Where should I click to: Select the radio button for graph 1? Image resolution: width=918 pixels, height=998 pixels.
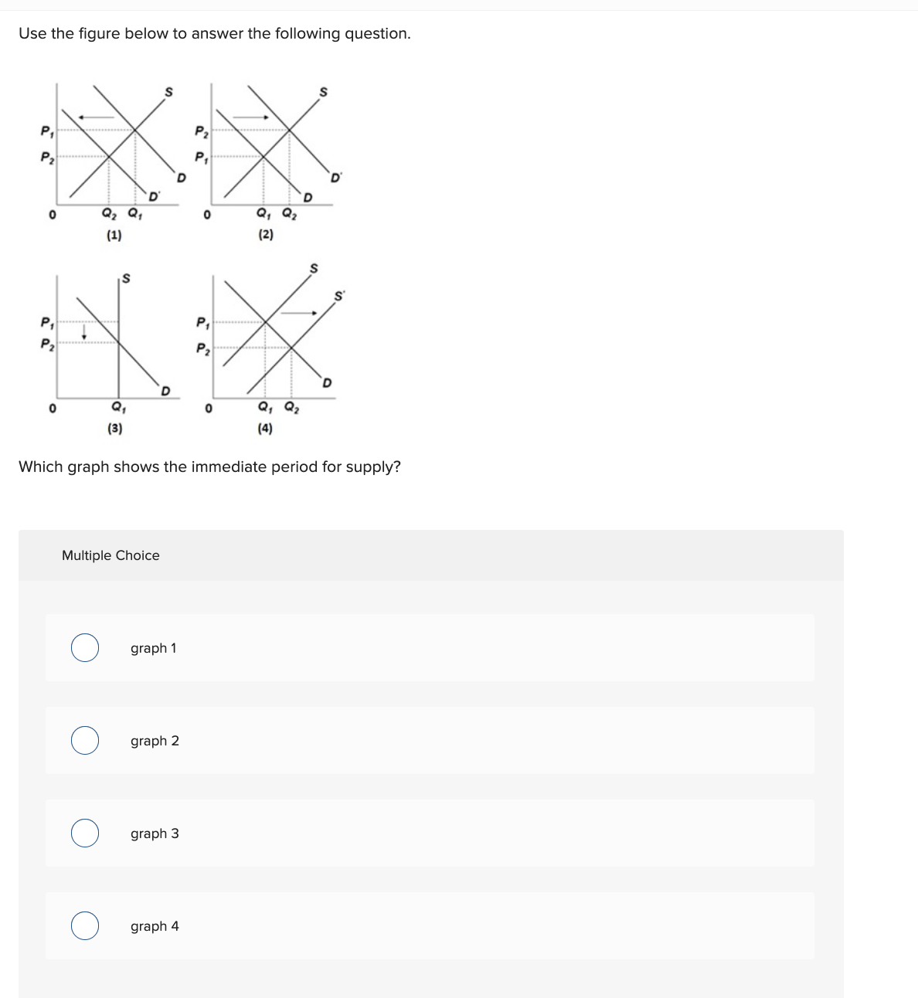tap(85, 648)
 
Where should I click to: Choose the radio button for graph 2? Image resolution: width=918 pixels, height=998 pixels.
tap(85, 741)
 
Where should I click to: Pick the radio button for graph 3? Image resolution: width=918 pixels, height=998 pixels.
tap(85, 833)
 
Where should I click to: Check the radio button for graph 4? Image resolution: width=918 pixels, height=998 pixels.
tap(85, 926)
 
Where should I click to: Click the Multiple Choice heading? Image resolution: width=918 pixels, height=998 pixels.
tap(110, 555)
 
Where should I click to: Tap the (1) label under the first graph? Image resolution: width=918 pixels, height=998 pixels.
tap(114, 236)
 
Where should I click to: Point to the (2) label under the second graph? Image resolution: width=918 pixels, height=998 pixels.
tap(265, 235)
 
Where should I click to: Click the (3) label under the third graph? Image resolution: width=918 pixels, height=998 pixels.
tap(114, 428)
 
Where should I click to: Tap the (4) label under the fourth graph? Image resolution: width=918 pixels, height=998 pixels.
tap(265, 428)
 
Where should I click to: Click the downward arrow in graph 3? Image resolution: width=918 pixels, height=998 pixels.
tap(85, 330)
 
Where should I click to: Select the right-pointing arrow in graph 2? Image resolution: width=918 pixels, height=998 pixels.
tap(250, 117)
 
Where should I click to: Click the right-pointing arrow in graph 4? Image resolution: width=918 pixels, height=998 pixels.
tap(300, 313)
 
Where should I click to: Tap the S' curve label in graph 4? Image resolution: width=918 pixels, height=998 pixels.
tap(338, 296)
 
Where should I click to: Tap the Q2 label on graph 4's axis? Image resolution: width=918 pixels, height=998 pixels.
tap(291, 408)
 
